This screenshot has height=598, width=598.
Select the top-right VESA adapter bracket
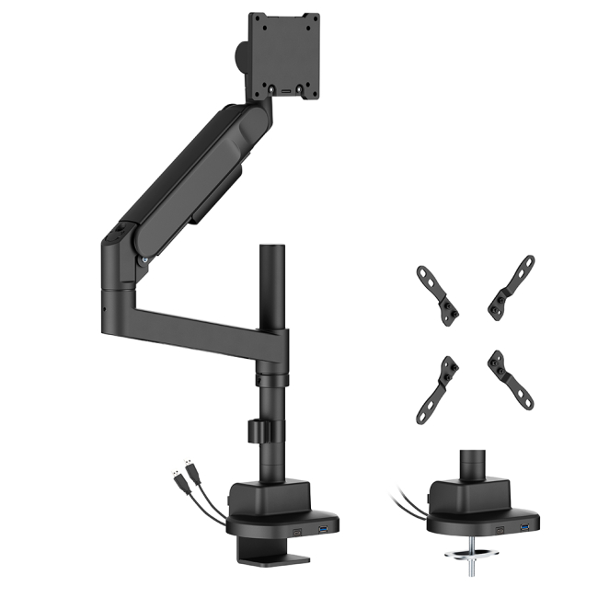coord(512,289)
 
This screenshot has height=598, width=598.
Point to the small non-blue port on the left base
coord(296,532)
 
